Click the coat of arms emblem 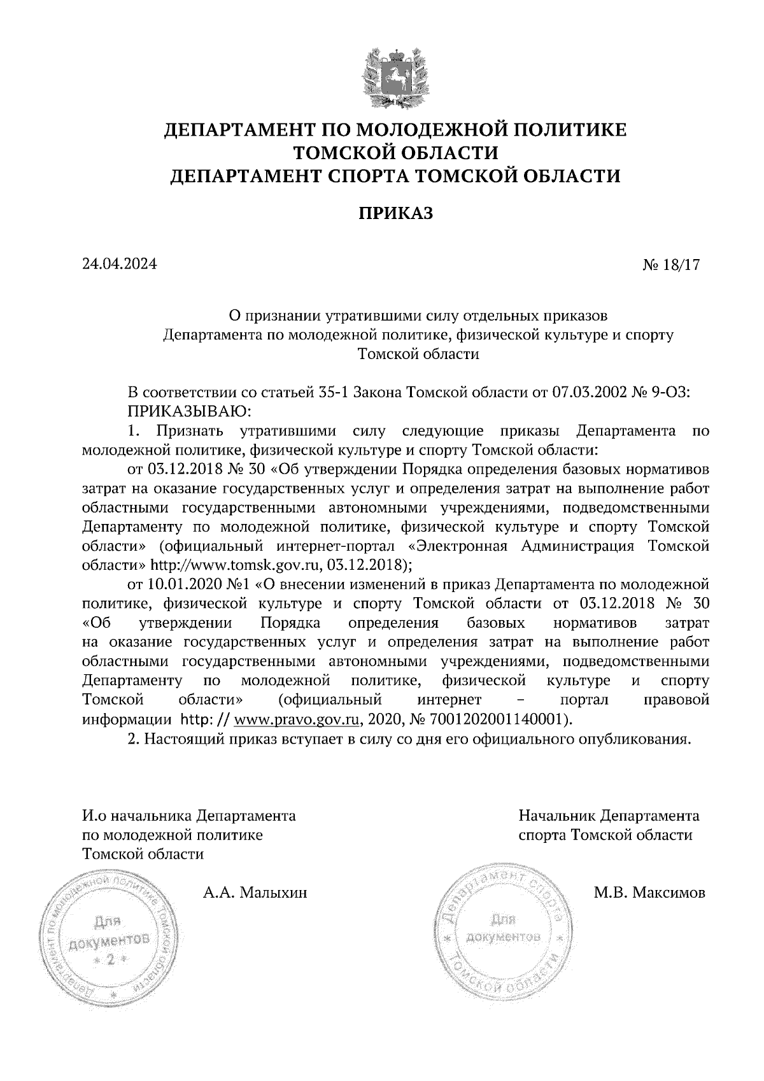coord(395,74)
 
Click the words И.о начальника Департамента coord(189,816)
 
